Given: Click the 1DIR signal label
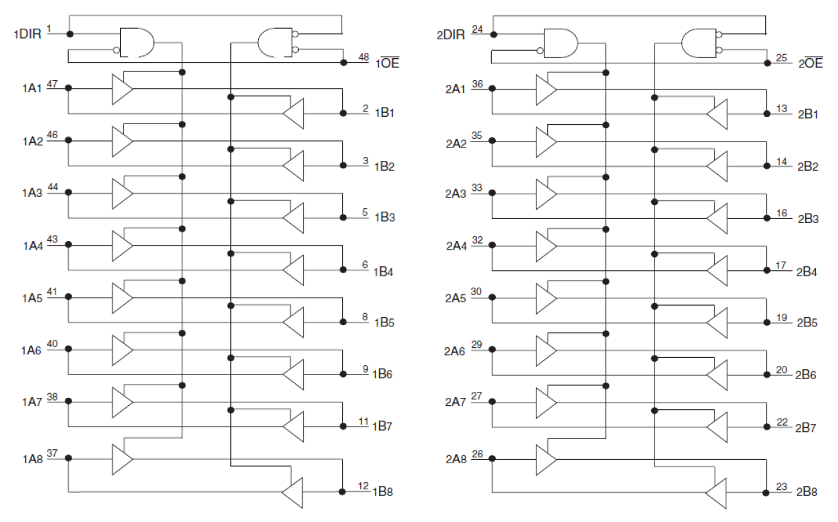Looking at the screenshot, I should pos(28,34).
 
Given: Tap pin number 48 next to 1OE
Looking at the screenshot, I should pos(364,57).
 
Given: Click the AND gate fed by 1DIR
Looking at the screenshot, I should pos(136,43).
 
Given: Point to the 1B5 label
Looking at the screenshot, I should pos(384,322).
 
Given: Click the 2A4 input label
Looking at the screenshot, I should pos(456,246).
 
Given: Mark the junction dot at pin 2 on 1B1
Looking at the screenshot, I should pos(343,113).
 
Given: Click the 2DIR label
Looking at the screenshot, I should pos(452,34).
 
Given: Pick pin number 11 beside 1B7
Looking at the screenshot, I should pos(364,421).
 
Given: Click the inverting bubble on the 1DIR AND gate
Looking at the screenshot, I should pos(117,50).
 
